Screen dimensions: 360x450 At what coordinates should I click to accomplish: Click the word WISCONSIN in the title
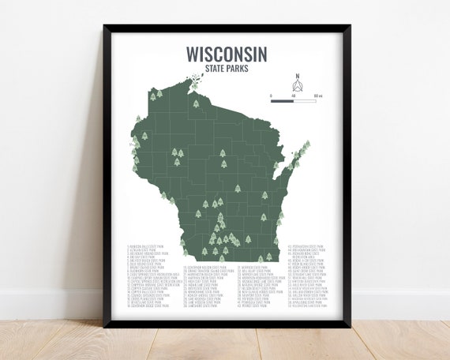pos(227,53)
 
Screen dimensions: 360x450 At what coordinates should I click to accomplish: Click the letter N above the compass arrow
pos(298,77)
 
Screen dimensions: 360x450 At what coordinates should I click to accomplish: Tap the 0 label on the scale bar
pos(272,96)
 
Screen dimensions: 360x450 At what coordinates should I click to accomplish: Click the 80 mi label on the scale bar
pos(317,96)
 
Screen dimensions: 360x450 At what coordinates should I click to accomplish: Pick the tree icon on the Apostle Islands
pos(195,103)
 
